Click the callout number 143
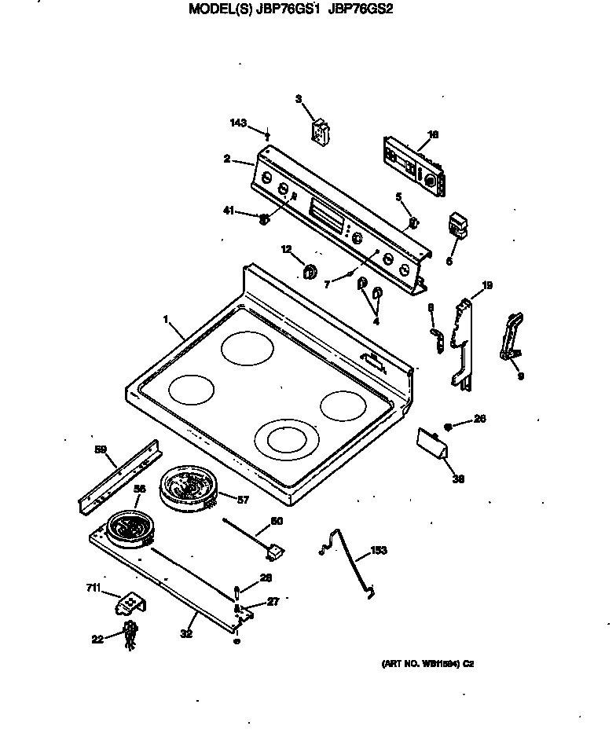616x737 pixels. [x=238, y=123]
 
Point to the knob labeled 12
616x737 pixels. [x=310, y=272]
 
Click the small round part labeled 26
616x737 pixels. [x=447, y=426]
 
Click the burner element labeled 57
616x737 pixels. [x=187, y=489]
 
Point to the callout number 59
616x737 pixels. [x=100, y=449]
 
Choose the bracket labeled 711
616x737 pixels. [x=130, y=605]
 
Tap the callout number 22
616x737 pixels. [x=97, y=640]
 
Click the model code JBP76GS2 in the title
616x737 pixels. [x=361, y=9]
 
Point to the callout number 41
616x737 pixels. [x=229, y=210]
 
